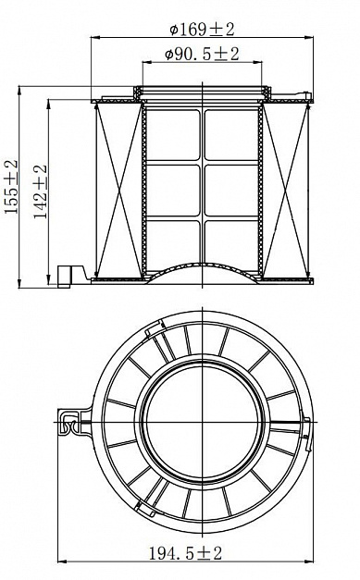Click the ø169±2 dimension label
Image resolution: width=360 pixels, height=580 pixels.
(202, 30)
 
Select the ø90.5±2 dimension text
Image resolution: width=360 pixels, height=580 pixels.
(202, 55)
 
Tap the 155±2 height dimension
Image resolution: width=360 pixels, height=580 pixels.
(11, 187)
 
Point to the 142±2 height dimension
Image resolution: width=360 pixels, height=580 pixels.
(41, 191)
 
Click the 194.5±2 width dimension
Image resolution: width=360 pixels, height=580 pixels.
(185, 553)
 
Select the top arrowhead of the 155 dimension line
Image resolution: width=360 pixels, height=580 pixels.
(19, 91)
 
